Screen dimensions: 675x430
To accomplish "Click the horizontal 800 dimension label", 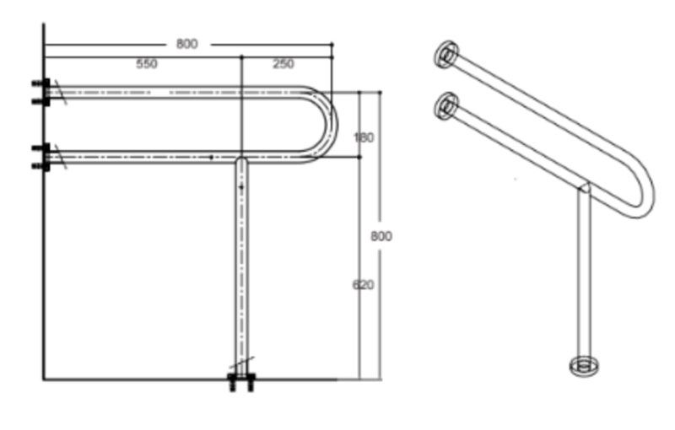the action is pyautogui.click(x=186, y=44).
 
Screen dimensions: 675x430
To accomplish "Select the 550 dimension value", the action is pyautogui.click(x=147, y=64).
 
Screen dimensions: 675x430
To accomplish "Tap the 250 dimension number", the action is pyautogui.click(x=283, y=64).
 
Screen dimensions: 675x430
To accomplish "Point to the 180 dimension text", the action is pyautogui.click(x=364, y=137).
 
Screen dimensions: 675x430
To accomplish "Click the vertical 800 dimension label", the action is pyautogui.click(x=381, y=236).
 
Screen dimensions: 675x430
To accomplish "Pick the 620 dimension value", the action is pyautogui.click(x=364, y=285).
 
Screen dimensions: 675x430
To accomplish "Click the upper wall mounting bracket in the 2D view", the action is pyautogui.click(x=41, y=92).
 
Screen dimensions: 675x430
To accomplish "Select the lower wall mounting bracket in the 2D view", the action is pyautogui.click(x=41, y=157).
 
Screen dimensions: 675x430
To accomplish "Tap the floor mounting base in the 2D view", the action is pyautogui.click(x=241, y=382).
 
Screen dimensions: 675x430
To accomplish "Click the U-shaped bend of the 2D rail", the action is pyautogui.click(x=332, y=125).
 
